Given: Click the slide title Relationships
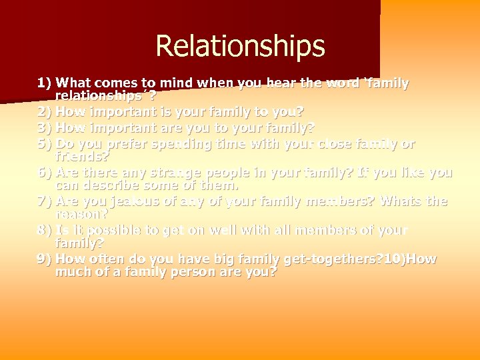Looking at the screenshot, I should (x=240, y=47).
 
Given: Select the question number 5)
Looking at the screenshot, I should (x=45, y=143).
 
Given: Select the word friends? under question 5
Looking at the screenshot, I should (x=83, y=157).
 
